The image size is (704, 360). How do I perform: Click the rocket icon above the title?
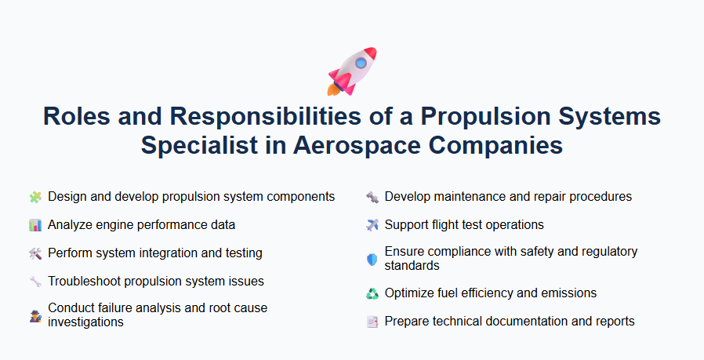tap(351, 70)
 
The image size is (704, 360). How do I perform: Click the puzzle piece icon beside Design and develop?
tap(34, 197)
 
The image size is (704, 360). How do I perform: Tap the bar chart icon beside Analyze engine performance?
tap(34, 225)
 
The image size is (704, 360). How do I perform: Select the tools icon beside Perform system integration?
tap(34, 253)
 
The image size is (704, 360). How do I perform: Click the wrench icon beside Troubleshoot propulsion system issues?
tap(34, 282)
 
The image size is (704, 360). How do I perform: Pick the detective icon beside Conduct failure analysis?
tap(34, 315)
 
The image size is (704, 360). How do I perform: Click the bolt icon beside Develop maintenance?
tap(372, 197)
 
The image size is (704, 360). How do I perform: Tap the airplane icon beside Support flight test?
tap(372, 225)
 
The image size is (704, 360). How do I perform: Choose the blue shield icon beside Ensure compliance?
tap(372, 259)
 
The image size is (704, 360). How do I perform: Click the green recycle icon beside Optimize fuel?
tap(372, 293)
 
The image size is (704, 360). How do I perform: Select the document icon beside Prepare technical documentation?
tap(372, 322)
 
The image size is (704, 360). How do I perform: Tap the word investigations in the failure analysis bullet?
tap(85, 322)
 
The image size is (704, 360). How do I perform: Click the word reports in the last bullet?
tap(615, 322)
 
